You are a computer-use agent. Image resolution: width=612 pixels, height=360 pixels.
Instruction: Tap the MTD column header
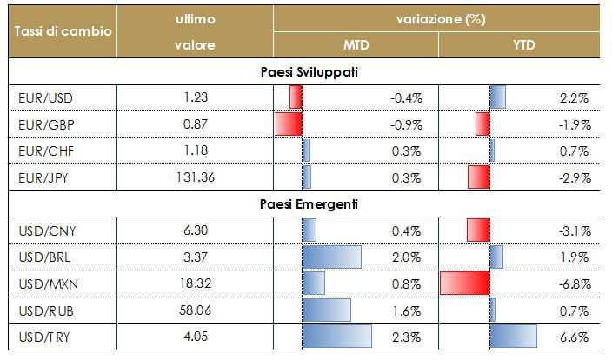coord(356,45)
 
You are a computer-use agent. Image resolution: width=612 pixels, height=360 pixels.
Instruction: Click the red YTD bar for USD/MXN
coord(465,283)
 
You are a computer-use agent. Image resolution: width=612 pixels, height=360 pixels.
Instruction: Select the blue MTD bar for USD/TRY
coord(336,337)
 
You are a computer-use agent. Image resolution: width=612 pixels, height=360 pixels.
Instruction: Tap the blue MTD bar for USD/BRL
coord(331,257)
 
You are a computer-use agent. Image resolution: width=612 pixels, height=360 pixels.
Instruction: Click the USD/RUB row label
coord(41,310)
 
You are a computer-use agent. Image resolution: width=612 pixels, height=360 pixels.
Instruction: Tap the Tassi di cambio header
coord(62,30)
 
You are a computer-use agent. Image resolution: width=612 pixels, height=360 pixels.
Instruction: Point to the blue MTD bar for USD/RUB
coord(326,310)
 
